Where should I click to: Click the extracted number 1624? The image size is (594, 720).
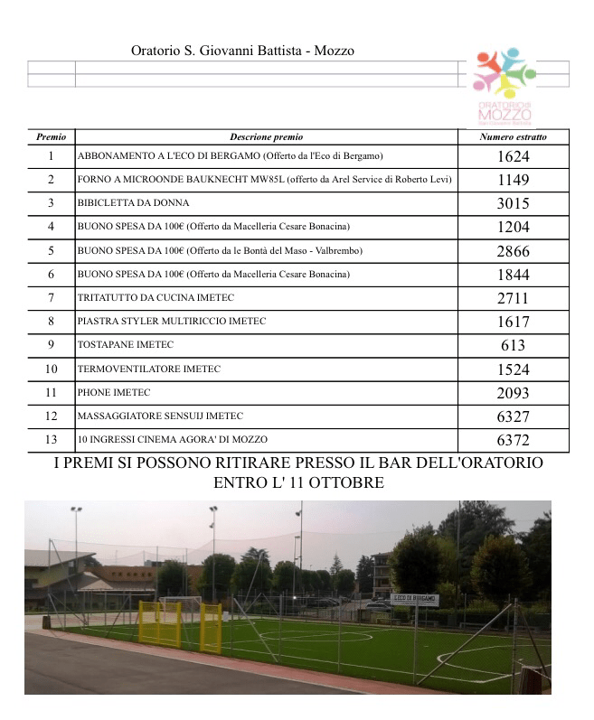tap(513, 156)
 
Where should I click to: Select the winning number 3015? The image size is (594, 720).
tap(513, 203)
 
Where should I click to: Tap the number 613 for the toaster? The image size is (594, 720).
tap(513, 345)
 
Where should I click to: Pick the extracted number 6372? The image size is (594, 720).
tap(513, 440)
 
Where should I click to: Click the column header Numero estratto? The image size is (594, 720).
tap(513, 137)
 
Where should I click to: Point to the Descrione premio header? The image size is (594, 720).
tap(266, 137)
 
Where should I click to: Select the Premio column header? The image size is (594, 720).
tap(51, 137)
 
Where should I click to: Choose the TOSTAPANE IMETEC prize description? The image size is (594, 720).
tap(125, 345)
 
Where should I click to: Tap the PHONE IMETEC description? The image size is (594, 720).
tap(114, 393)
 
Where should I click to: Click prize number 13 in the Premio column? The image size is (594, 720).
tap(51, 440)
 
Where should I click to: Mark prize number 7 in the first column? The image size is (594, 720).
tap(51, 298)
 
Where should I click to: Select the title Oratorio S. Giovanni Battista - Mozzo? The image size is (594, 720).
tap(242, 51)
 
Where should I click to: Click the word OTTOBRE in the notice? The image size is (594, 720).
tap(345, 483)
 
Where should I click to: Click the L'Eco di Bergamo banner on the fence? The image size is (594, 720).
tap(415, 599)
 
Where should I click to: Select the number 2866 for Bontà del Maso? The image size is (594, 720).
tap(513, 251)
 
